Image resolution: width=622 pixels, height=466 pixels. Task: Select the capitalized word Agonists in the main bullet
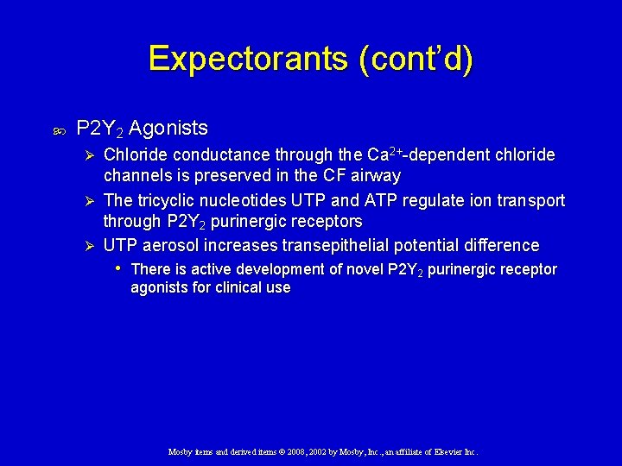coord(168,129)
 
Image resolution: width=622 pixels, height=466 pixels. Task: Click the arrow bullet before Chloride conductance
coord(85,155)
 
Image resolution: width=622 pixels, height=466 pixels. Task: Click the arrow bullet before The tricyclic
coord(85,201)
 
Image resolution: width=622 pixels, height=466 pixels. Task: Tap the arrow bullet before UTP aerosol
coord(85,246)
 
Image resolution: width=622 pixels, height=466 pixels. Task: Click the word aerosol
coord(171,246)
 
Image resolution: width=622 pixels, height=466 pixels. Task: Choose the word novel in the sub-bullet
coord(365,269)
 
